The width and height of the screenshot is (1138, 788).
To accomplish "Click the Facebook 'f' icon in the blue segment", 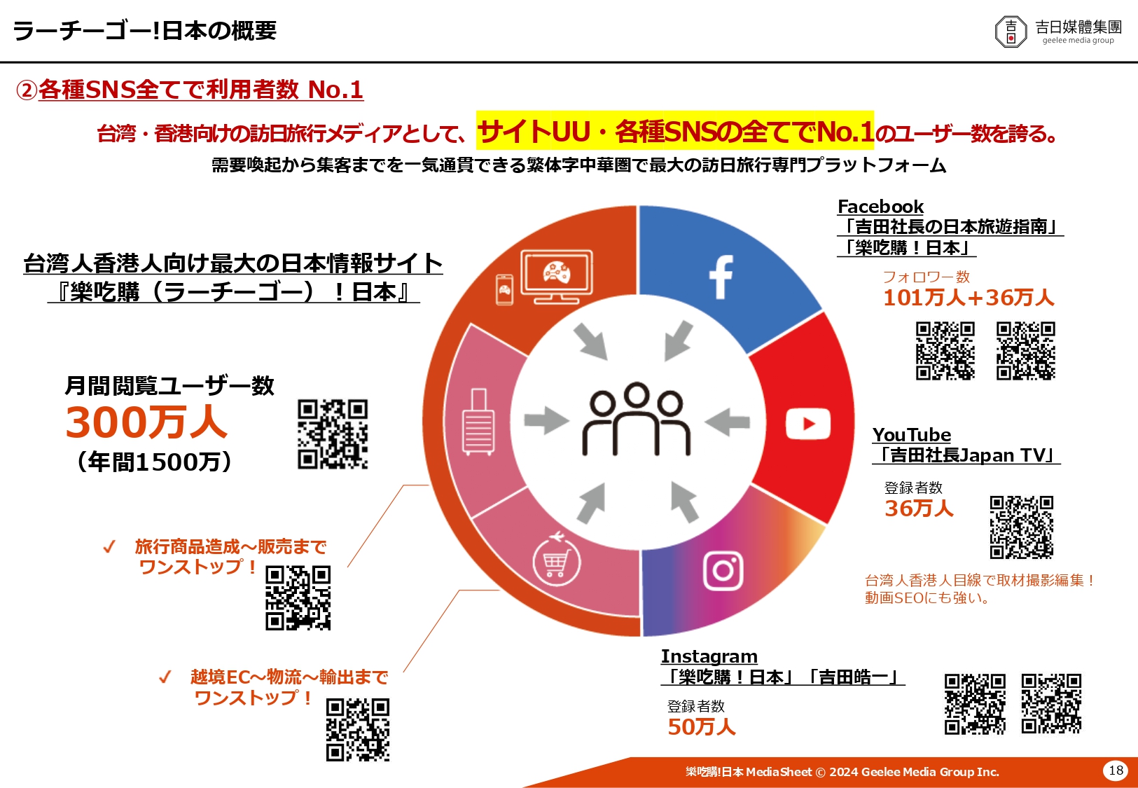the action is tap(721, 277).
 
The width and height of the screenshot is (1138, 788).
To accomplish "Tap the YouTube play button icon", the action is tap(807, 423).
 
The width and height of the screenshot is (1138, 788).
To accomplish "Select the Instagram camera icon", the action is tap(723, 571).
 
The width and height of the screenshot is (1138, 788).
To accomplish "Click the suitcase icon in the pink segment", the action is tap(478, 422).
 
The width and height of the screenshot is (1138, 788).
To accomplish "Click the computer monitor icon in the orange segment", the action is tap(556, 277).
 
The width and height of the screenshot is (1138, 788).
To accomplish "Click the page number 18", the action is tap(1116, 770).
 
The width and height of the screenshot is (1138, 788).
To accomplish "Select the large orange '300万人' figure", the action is tap(146, 422).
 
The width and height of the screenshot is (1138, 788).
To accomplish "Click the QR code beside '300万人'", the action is tap(333, 434).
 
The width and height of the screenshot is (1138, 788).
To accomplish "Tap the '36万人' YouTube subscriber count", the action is tap(919, 509).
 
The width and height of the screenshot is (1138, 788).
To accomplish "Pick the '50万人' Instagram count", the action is tap(702, 727).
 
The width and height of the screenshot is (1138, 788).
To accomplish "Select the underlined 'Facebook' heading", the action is tap(880, 207).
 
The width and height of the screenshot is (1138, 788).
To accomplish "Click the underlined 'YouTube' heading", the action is tap(912, 435).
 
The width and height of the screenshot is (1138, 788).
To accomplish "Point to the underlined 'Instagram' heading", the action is tap(709, 656).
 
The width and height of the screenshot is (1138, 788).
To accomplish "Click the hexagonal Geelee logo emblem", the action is tap(1011, 32).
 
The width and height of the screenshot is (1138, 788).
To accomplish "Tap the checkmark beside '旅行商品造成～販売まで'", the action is tap(109, 547).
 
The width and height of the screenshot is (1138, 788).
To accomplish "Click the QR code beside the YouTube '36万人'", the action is tap(1022, 527).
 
